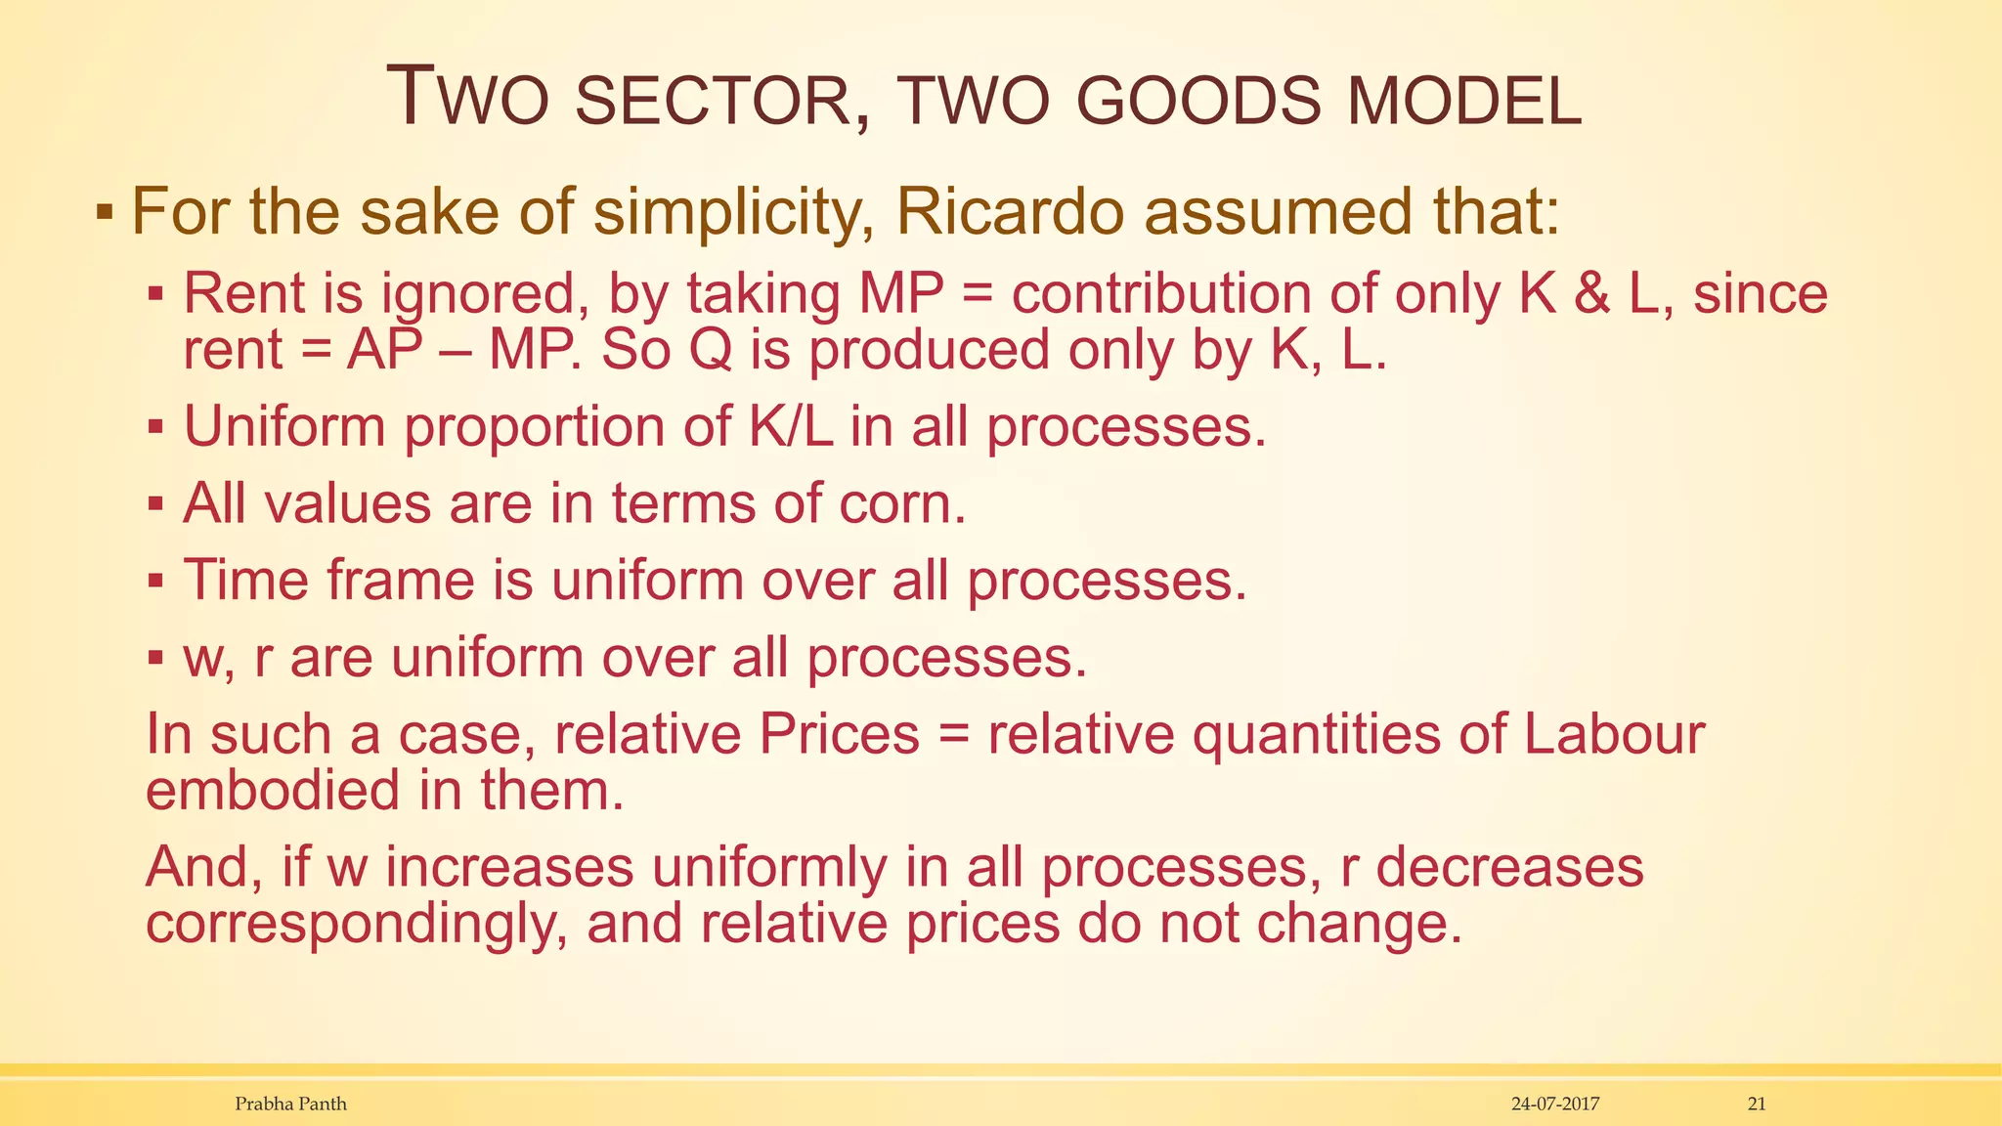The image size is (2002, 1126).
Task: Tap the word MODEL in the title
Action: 1464,102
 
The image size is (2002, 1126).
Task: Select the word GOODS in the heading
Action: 1201,102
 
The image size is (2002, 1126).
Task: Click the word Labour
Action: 1614,734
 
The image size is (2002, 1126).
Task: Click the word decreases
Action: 1509,867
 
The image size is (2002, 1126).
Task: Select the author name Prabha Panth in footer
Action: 291,1104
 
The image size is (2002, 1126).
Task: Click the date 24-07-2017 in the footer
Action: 1555,1104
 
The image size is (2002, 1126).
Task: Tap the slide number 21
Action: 1757,1104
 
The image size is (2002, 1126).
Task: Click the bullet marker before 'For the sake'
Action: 105,213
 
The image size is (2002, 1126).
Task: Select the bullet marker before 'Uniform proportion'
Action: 155,427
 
